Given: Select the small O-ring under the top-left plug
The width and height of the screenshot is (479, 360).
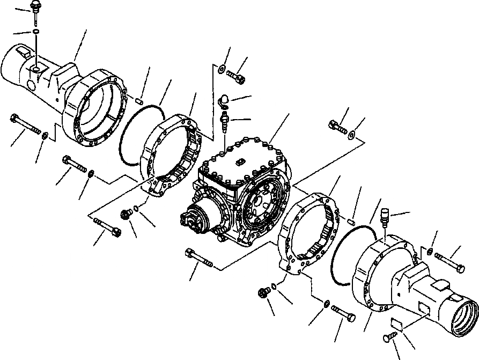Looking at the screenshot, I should pyautogui.click(x=35, y=32).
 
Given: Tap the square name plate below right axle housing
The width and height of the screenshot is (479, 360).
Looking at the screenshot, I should pyautogui.click(x=398, y=324).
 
